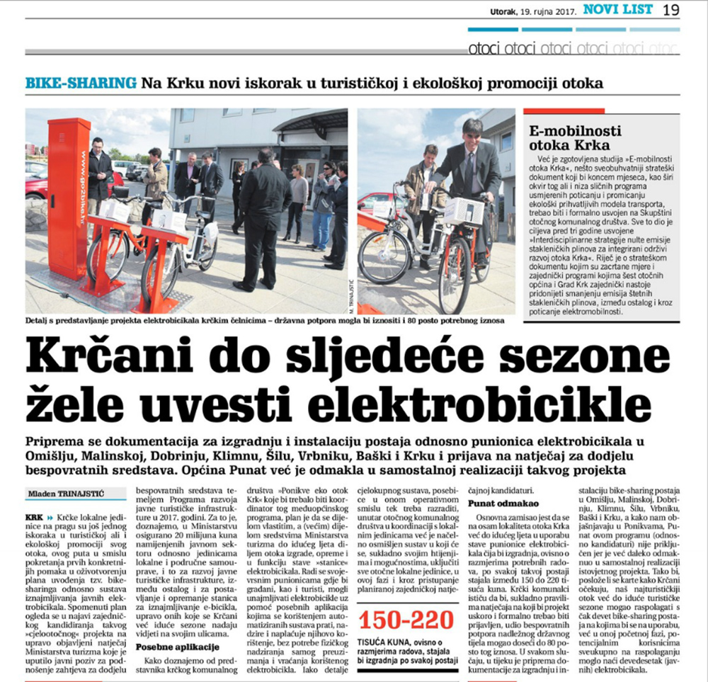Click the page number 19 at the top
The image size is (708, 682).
[x=671, y=10]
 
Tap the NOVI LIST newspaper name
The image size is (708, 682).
[x=618, y=10]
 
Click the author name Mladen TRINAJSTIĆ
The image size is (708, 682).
[x=66, y=494]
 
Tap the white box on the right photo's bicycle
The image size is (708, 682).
[x=464, y=210]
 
